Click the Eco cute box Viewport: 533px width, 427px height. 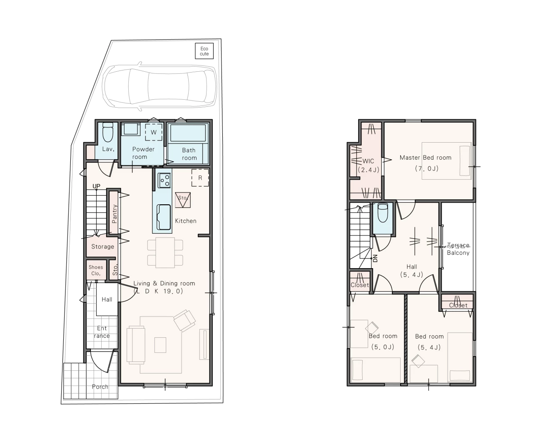(204, 51)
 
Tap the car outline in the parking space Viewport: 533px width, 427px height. (159, 86)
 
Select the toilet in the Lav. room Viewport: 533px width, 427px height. (108, 132)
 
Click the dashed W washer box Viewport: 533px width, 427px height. (154, 132)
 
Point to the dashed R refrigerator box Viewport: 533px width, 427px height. (200, 178)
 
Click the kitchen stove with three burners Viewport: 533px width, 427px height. (164, 180)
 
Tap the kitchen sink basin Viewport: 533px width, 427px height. (164, 217)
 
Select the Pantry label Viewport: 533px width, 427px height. (114, 213)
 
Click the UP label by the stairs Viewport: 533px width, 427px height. (96, 186)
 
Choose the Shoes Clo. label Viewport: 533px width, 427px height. (96, 270)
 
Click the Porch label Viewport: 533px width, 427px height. (100, 387)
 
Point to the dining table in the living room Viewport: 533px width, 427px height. (165, 253)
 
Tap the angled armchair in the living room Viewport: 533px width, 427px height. (185, 321)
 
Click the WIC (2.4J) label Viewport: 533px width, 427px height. (369, 165)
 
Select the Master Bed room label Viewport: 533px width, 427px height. (425, 158)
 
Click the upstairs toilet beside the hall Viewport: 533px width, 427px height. (383, 213)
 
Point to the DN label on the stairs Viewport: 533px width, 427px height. (375, 258)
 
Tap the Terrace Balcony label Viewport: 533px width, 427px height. (458, 249)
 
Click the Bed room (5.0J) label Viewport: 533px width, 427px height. (383, 341)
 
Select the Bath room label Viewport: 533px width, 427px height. (189, 154)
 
